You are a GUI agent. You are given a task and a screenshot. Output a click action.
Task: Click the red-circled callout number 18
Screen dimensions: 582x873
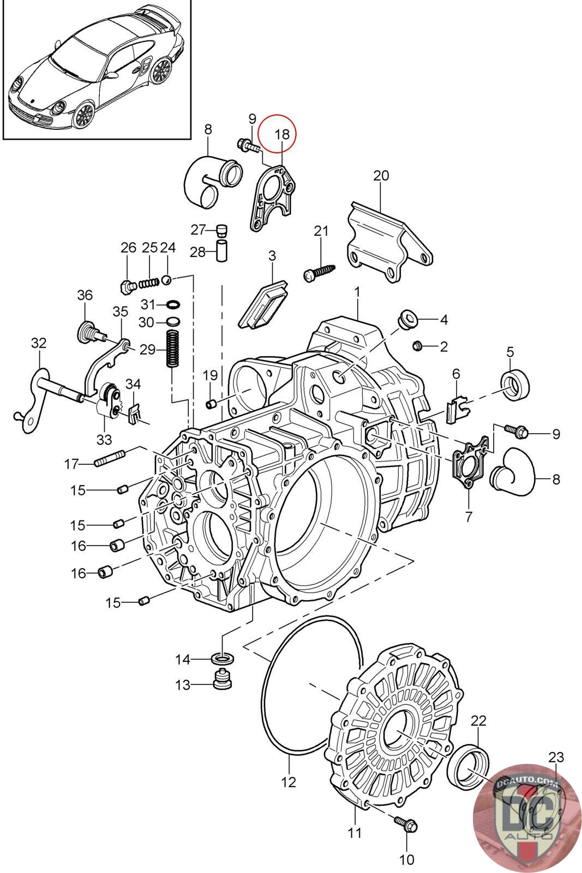(x=282, y=134)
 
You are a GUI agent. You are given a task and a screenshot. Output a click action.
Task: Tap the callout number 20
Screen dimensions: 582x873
(x=381, y=176)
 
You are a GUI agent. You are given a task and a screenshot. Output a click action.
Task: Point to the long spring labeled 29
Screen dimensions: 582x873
(x=171, y=349)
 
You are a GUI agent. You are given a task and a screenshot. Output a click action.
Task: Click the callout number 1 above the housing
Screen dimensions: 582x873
(x=357, y=292)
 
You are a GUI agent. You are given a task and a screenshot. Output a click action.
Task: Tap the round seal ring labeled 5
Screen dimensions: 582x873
(x=515, y=384)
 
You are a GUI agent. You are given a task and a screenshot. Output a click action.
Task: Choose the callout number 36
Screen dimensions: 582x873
(x=85, y=295)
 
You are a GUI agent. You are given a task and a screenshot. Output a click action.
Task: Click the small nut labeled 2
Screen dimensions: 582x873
(x=418, y=345)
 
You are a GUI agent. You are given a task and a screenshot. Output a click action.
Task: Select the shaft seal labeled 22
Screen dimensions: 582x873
(x=468, y=767)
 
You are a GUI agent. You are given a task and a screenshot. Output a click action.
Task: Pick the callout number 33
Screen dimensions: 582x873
(x=104, y=440)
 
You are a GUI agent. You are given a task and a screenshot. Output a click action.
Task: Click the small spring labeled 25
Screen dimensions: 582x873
(x=148, y=282)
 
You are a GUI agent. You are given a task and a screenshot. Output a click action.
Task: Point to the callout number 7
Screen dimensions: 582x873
(x=468, y=517)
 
